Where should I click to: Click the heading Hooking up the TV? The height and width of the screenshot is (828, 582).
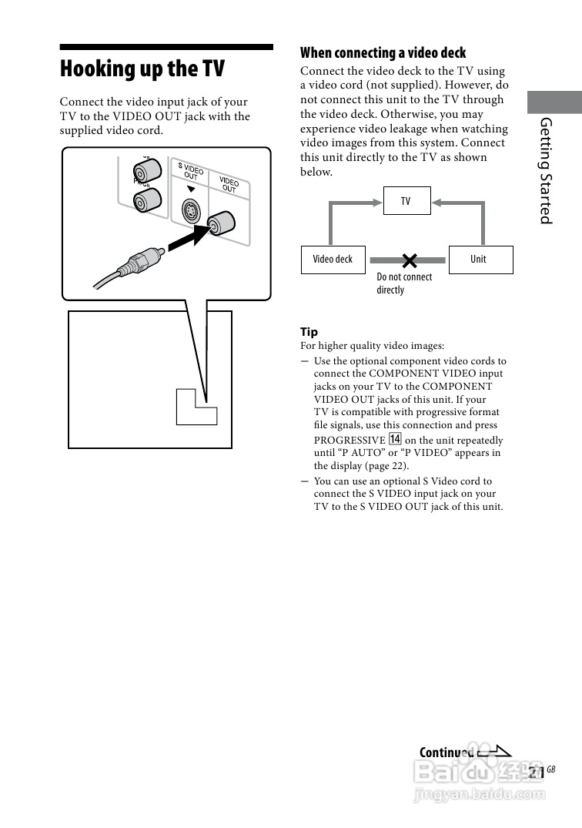point(142,69)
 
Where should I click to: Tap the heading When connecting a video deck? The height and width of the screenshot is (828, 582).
point(383,53)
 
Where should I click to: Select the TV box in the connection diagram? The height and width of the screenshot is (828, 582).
point(406,202)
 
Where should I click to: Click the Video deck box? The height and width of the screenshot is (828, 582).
point(333,260)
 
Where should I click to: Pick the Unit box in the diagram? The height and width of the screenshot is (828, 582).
point(479,260)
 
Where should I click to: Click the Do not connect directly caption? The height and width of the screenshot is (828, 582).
point(403,283)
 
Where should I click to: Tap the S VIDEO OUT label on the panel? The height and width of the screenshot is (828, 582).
point(190,171)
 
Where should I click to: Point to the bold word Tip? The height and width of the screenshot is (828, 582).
point(309,332)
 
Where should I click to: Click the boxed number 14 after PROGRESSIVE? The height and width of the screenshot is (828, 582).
point(396,439)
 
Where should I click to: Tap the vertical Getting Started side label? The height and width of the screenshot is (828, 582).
point(546,170)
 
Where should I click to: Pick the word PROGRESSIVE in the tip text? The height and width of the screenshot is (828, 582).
point(349,440)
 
